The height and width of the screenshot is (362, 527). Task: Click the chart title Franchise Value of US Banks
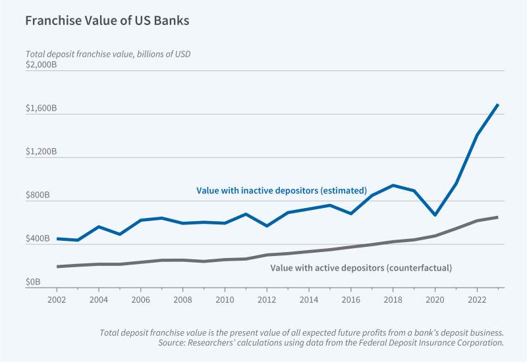click(107, 20)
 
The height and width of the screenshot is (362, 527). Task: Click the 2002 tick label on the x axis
click(57, 299)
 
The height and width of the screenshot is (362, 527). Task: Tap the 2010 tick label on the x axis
click(225, 299)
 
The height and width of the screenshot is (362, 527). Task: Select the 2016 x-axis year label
click(351, 299)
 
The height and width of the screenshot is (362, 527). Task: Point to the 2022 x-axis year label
click(477, 299)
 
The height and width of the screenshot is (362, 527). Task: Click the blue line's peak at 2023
click(497, 105)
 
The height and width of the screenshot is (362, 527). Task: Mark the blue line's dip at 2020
click(435, 215)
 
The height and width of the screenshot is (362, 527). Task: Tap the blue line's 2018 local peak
click(393, 186)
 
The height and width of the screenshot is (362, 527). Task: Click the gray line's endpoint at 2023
click(497, 217)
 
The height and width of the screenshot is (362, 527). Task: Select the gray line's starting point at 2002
click(57, 267)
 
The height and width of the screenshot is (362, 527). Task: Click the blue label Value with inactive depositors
click(281, 191)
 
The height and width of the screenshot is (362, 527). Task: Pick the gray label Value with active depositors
click(362, 268)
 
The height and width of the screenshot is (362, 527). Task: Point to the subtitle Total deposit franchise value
click(108, 54)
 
